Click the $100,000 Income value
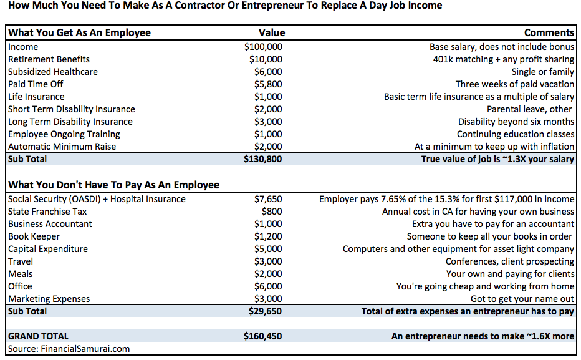[263, 47]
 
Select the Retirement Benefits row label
[49, 59]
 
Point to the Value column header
[272, 33]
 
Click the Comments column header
[549, 33]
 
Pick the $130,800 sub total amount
[263, 159]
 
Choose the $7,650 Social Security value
[267, 199]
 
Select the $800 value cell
[272, 212]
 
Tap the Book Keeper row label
[34, 236]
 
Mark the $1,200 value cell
[267, 236]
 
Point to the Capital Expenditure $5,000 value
[267, 249]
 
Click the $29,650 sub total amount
[265, 311]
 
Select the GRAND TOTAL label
[38, 336]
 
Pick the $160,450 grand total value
[263, 336]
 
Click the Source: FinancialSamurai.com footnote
[69, 349]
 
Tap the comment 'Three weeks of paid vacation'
[515, 84]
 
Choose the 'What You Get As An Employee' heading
[79, 33]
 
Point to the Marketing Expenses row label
[49, 299]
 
